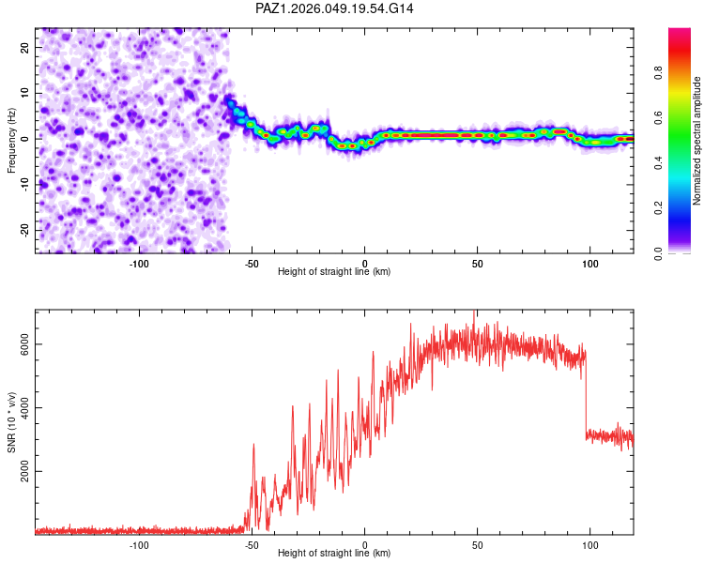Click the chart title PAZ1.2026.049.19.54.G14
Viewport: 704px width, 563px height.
click(x=335, y=8)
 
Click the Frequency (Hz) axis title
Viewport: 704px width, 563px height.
click(x=11, y=141)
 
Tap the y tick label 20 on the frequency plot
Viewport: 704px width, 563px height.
click(x=25, y=47)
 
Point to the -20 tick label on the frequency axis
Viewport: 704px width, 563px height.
click(x=23, y=230)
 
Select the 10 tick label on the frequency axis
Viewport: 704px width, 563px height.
click(x=25, y=93)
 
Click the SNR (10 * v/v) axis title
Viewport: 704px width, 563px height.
click(x=11, y=424)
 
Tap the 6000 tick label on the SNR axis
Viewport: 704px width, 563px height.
click(x=25, y=344)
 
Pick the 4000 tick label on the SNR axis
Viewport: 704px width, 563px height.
click(x=25, y=407)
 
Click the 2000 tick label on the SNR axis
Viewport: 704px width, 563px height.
click(x=25, y=471)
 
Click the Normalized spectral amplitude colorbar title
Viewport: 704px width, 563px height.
click(x=697, y=141)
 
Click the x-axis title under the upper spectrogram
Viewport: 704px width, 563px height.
click(x=334, y=272)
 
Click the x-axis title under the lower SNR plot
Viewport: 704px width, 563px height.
click(x=334, y=554)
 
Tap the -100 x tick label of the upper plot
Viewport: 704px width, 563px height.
click(x=139, y=263)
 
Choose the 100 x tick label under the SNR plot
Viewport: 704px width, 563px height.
click(x=589, y=544)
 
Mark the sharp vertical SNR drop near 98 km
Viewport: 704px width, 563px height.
click(x=586, y=394)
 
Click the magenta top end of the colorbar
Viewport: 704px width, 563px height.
click(x=680, y=33)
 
